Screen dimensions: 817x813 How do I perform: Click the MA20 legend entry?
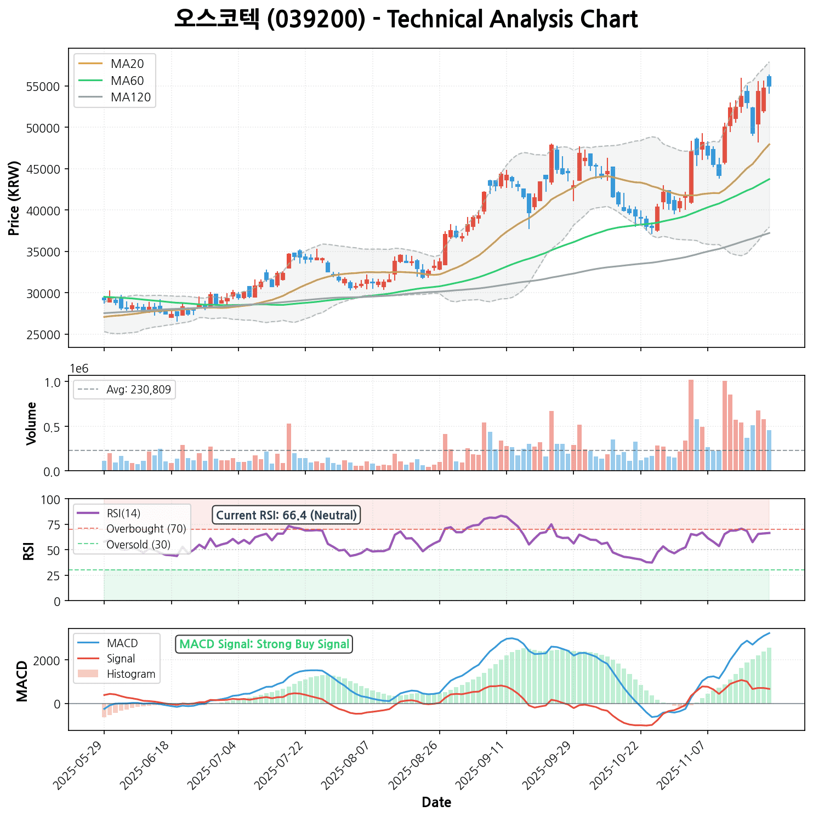pyautogui.click(x=127, y=64)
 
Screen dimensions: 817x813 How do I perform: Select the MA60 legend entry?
pyautogui.click(x=127, y=81)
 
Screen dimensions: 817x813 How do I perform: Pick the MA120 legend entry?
pyautogui.click(x=130, y=98)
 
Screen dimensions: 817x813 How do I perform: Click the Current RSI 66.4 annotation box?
pyautogui.click(x=286, y=515)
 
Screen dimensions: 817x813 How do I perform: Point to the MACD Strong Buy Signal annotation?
pyautogui.click(x=264, y=644)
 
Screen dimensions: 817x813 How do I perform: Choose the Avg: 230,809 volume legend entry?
pyautogui.click(x=138, y=390)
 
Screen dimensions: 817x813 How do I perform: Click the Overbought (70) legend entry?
pyautogui.click(x=146, y=529)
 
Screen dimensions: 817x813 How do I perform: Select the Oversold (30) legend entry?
pyautogui.click(x=138, y=545)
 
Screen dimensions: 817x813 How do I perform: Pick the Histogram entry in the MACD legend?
pyautogui.click(x=130, y=674)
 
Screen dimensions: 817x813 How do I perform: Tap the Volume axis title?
pyautogui.click(x=31, y=423)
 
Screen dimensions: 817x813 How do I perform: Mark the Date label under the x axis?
pyautogui.click(x=436, y=803)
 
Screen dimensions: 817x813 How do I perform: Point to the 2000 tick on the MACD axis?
pyautogui.click(x=50, y=660)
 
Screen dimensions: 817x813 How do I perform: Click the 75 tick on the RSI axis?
pyautogui.click(x=55, y=524)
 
